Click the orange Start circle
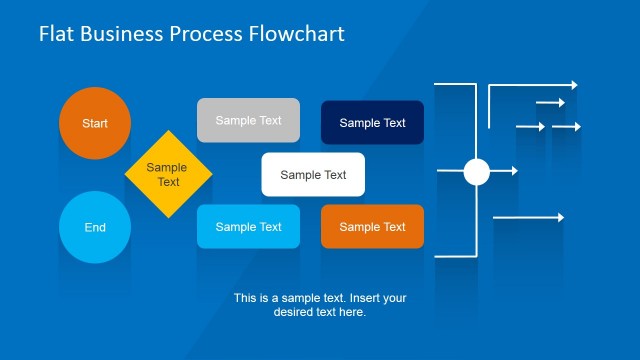[95, 123]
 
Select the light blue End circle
[95, 227]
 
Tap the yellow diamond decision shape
[168, 174]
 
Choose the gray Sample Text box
[248, 120]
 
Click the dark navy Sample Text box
[372, 123]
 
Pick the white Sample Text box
[313, 175]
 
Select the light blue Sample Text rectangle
[248, 227]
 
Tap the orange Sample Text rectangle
[372, 227]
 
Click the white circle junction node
[476, 172]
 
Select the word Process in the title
[205, 34]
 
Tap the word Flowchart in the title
[296, 34]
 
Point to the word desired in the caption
[297, 312]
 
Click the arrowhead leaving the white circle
[514, 172]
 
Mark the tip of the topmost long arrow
[575, 86]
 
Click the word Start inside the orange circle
[95, 123]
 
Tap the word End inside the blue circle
[95, 227]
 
